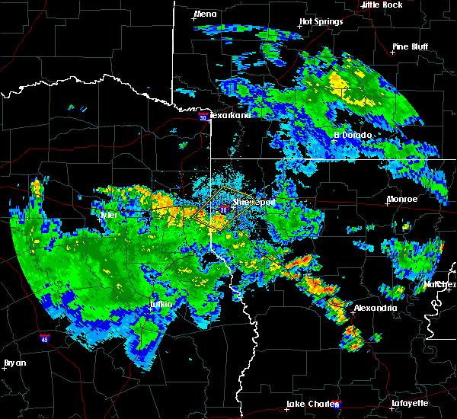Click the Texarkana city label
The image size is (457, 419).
tap(230, 115)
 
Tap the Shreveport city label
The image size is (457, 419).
tap(254, 203)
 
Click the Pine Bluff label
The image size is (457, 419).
tap(411, 46)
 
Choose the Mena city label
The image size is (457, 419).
tap(205, 14)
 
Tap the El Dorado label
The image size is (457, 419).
tap(353, 135)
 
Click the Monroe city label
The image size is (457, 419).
tap(402, 199)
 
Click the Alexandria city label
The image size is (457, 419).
tap(375, 308)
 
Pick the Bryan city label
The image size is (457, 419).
tap(15, 363)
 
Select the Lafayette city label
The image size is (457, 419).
tap(410, 403)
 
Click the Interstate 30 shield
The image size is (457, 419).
tap(202, 118)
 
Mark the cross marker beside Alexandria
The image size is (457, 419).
tap(353, 312)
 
